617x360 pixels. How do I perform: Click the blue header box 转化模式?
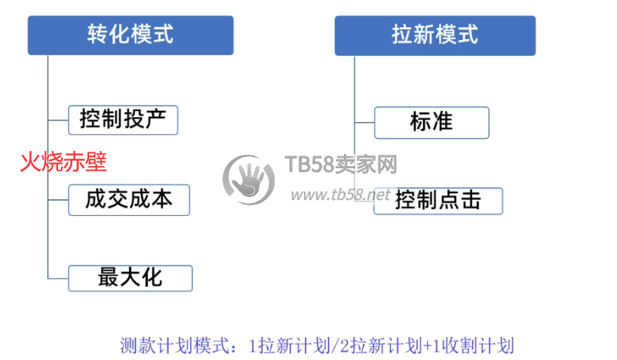[x=130, y=35]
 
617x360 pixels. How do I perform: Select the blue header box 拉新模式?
[x=434, y=35]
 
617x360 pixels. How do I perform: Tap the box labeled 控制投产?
[x=123, y=120]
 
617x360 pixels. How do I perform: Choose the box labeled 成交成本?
[x=129, y=200]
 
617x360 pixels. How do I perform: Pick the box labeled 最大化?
[x=130, y=278]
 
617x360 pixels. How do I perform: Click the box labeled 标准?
[x=431, y=122]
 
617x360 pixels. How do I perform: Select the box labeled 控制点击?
[x=438, y=201]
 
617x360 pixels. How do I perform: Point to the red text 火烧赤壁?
[x=63, y=162]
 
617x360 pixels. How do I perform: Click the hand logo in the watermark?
[x=249, y=180]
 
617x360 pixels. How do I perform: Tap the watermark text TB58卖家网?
[x=341, y=165]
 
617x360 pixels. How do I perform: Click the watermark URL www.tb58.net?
[x=341, y=195]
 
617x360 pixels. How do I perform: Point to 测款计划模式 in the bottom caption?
[x=175, y=346]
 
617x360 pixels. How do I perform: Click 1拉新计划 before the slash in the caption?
[x=290, y=346]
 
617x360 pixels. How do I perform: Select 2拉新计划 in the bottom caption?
[x=382, y=346]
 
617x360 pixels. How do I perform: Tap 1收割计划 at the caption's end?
[x=474, y=346]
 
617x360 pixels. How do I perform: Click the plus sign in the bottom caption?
[x=428, y=346]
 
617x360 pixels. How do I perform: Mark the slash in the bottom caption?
[x=335, y=346]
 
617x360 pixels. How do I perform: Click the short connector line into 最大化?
[x=58, y=278]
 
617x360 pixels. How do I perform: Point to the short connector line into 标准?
[x=364, y=122]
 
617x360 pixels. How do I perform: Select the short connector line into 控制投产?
[x=58, y=120]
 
